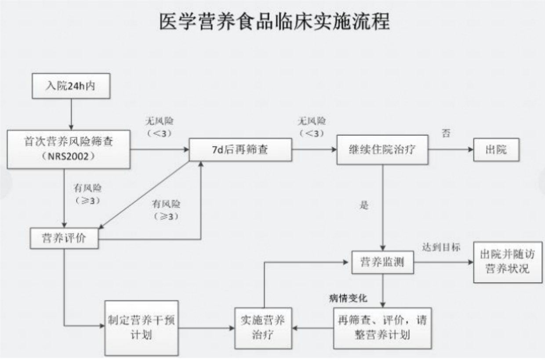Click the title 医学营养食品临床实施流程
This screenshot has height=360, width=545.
click(274, 21)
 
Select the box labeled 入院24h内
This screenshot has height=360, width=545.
click(70, 86)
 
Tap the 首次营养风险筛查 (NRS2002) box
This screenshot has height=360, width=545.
click(69, 149)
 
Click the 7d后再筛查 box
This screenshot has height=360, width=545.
click(240, 149)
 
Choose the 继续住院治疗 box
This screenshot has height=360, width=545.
click(382, 149)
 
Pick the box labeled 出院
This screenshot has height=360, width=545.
click(496, 149)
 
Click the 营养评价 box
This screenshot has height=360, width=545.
click(64, 238)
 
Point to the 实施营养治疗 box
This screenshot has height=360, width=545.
click(263, 327)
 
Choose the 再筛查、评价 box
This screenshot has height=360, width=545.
click(382, 327)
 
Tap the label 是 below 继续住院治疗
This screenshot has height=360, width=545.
click(364, 205)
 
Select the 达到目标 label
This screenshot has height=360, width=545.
click(441, 247)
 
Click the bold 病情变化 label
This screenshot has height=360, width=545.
click(348, 298)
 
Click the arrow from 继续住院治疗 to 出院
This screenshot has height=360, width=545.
click(450, 149)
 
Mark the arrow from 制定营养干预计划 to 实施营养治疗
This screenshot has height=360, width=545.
click(206, 327)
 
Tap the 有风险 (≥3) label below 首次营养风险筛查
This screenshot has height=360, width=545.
click(87, 194)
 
